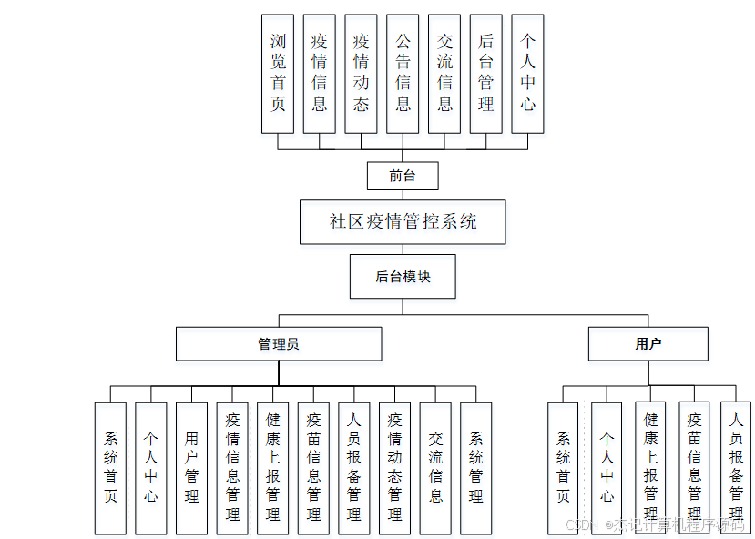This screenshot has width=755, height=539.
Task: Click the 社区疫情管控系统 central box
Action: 403,222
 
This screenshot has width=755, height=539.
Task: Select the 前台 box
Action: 403,176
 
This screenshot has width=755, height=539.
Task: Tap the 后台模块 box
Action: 403,277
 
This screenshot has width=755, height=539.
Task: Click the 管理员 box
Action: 279,344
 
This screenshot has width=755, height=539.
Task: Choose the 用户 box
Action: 648,344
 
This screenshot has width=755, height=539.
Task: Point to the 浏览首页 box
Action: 278,74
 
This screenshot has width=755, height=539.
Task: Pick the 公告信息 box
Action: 403,74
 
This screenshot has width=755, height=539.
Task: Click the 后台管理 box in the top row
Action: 486,74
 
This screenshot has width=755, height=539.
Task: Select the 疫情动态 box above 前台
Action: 361,74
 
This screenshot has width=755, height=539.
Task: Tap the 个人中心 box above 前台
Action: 527,74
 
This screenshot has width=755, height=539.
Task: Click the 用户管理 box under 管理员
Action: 191,468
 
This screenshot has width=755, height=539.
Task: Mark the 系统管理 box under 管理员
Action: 475,468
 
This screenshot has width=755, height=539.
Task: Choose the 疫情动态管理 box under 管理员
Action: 394,468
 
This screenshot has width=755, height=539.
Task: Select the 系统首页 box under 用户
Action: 563,468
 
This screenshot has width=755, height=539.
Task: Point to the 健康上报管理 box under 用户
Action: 650,468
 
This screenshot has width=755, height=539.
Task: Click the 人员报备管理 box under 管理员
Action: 354,468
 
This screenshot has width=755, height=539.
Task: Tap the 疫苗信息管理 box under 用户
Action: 694,468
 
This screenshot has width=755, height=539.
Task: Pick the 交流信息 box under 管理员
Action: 435,468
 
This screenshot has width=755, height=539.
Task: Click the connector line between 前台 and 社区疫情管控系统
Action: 403,195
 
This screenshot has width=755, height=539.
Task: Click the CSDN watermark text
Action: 655,525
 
